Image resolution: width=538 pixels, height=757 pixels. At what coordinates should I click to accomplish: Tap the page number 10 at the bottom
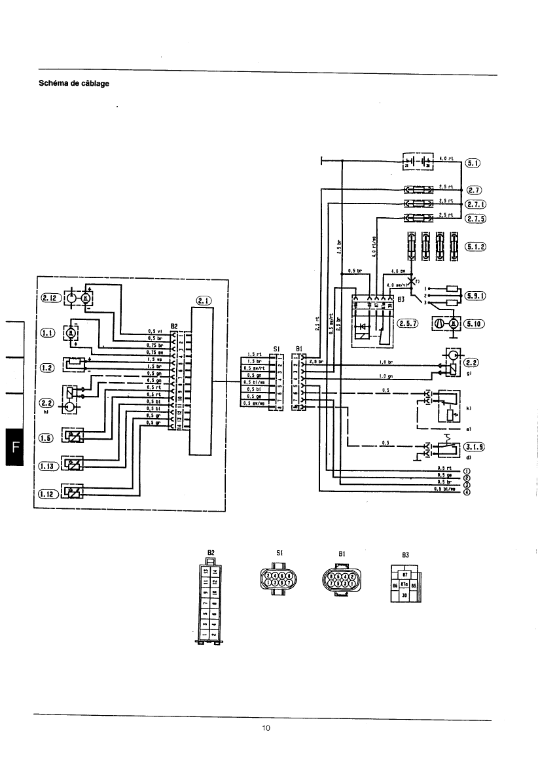(266, 728)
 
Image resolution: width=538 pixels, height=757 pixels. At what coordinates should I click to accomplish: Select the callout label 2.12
(51, 298)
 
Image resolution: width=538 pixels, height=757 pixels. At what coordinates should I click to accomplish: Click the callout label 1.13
(48, 466)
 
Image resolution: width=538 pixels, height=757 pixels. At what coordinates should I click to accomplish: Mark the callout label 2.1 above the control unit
(202, 302)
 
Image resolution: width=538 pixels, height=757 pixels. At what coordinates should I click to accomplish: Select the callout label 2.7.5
(476, 219)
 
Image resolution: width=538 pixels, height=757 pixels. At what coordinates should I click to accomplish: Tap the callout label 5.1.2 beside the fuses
(476, 246)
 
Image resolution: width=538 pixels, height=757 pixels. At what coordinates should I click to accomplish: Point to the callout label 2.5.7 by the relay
(408, 323)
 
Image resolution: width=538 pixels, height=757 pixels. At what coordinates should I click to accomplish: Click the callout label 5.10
(476, 323)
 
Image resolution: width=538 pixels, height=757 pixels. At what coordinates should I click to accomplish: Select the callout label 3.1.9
(476, 447)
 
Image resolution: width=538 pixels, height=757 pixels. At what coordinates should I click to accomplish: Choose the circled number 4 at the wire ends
(467, 493)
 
